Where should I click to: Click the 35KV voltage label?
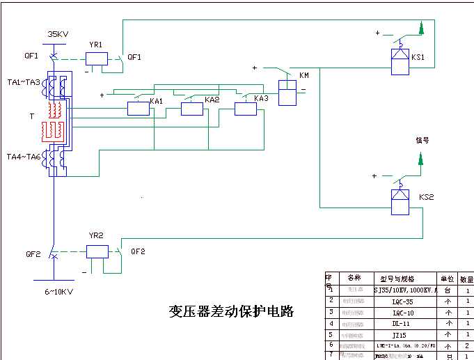pos(58,33)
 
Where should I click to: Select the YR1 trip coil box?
pos(96,59)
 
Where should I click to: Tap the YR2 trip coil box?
pos(97,251)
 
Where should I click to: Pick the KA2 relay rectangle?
pos(191,108)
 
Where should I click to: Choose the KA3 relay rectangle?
pos(245,108)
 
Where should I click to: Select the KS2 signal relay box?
pos(399,201)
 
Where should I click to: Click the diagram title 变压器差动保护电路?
pos(231,311)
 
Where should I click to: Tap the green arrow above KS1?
pos(421,28)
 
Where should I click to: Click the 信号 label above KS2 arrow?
pos(422,139)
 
